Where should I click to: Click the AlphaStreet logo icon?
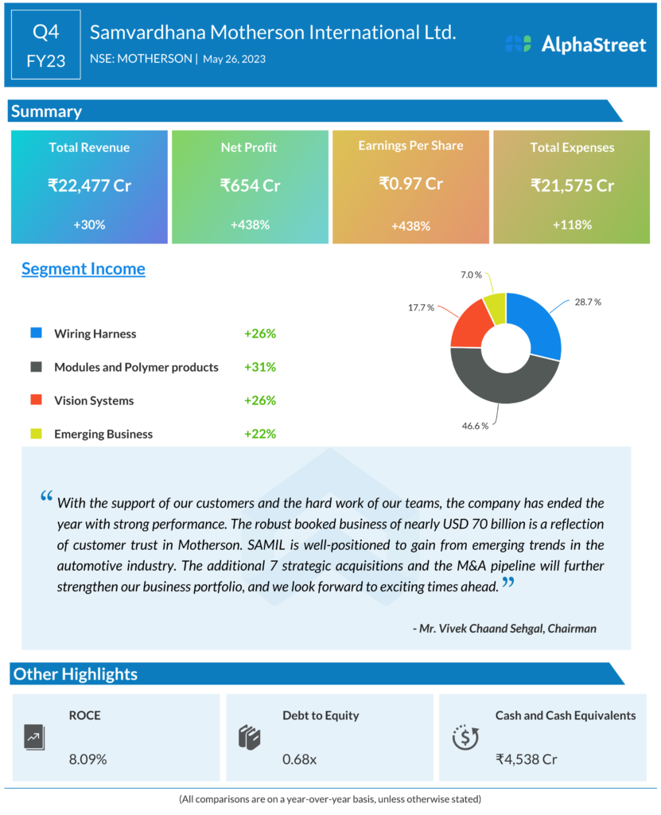pyautogui.click(x=518, y=44)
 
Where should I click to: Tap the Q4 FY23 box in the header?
pyautogui.click(x=46, y=45)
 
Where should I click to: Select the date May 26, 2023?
pyautogui.click(x=234, y=59)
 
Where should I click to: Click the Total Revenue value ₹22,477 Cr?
pyautogui.click(x=89, y=185)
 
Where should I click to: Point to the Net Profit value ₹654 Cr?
pyautogui.click(x=250, y=185)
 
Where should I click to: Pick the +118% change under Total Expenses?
pyautogui.click(x=572, y=224)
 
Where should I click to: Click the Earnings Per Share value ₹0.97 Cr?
pyautogui.click(x=410, y=183)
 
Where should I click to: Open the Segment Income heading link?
pyautogui.click(x=84, y=268)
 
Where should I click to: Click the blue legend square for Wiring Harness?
pyautogui.click(x=36, y=333)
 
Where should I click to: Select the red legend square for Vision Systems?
pyautogui.click(x=36, y=400)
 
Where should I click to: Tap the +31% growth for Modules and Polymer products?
pyautogui.click(x=260, y=367)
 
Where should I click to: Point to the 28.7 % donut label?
pyautogui.click(x=587, y=302)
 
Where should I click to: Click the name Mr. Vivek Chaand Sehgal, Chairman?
pyautogui.click(x=504, y=628)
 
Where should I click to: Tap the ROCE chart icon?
pyautogui.click(x=33, y=737)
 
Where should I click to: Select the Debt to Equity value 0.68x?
pyautogui.click(x=300, y=759)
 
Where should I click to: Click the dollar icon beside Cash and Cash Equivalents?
pyautogui.click(x=465, y=737)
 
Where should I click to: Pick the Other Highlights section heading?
pyautogui.click(x=76, y=674)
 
